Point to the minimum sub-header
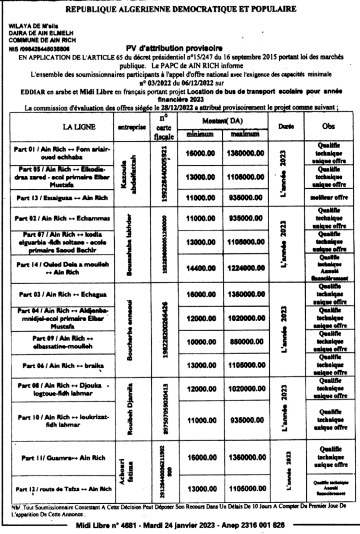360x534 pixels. (x=200, y=135)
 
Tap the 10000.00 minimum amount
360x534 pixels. (x=200, y=341)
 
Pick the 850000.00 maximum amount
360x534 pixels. (x=244, y=341)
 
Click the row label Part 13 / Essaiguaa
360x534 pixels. (x=61, y=198)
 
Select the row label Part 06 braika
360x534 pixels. (x=61, y=366)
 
